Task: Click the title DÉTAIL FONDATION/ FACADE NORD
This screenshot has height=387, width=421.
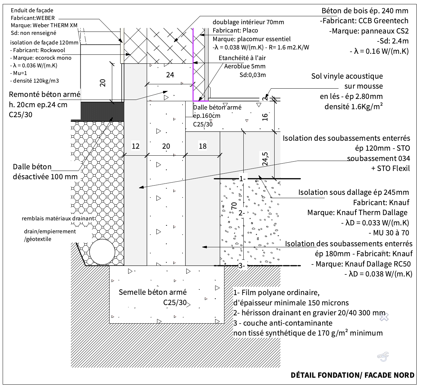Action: click(352, 375)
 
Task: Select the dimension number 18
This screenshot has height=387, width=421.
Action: click(203, 146)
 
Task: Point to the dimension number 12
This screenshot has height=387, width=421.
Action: click(135, 146)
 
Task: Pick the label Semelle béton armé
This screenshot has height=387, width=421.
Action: click(153, 292)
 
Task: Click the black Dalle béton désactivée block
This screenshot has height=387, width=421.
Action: click(103, 112)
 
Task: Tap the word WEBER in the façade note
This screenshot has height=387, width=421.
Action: click(45, 18)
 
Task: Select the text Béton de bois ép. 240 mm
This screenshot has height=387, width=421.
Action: click(365, 11)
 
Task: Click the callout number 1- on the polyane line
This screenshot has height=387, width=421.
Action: click(242, 179)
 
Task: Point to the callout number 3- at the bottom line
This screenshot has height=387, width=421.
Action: click(242, 266)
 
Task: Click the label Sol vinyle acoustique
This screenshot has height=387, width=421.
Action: click(347, 76)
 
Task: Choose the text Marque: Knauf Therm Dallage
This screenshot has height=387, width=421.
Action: click(357, 212)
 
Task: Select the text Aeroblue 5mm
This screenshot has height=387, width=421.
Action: click(245, 66)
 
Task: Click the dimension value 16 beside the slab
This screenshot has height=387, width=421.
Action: click(265, 117)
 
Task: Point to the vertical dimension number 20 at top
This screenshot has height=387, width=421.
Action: click(103, 83)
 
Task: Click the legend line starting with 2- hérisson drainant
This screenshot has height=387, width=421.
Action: click(309, 313)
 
